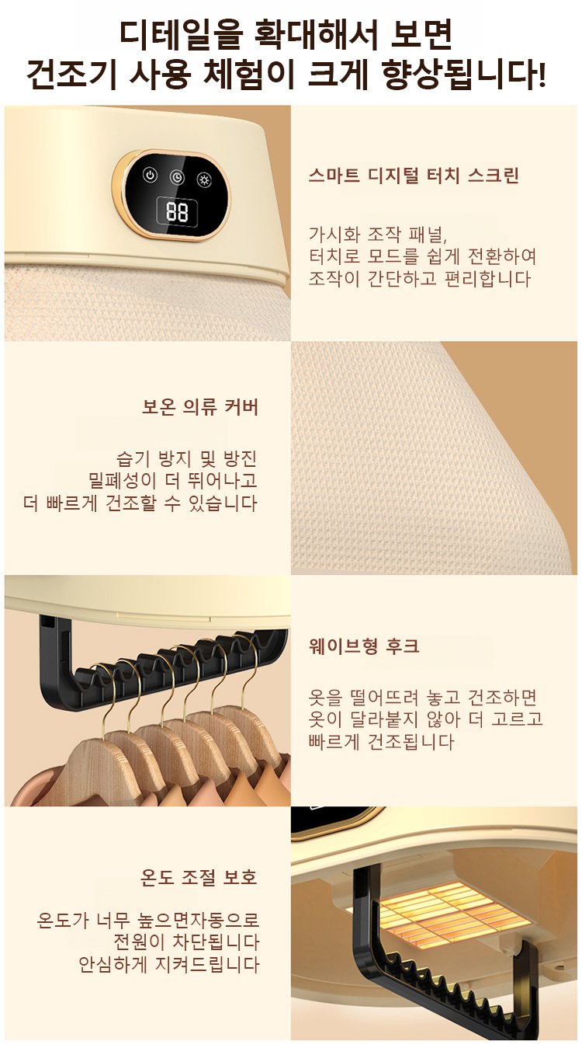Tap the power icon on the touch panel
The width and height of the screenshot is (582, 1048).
[150, 176]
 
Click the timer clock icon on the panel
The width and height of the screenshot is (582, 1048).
[177, 177]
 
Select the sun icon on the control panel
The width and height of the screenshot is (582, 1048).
[204, 179]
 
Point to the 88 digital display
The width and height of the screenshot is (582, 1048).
[177, 212]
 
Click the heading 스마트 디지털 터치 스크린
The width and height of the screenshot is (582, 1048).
[414, 176]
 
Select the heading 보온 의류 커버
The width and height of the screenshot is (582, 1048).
[199, 407]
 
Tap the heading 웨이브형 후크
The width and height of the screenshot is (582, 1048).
[364, 646]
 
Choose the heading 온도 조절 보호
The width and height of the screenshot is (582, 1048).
[199, 877]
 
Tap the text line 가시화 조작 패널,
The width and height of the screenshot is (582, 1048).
[378, 235]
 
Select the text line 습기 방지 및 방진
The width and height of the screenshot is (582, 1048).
[186, 458]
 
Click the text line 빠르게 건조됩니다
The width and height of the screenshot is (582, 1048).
[381, 742]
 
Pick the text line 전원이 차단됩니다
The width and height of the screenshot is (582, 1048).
[186, 942]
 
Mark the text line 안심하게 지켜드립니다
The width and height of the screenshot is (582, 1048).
[168, 965]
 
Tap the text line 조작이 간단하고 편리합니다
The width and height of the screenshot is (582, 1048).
[420, 280]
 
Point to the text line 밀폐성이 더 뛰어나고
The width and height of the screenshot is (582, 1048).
[173, 480]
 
